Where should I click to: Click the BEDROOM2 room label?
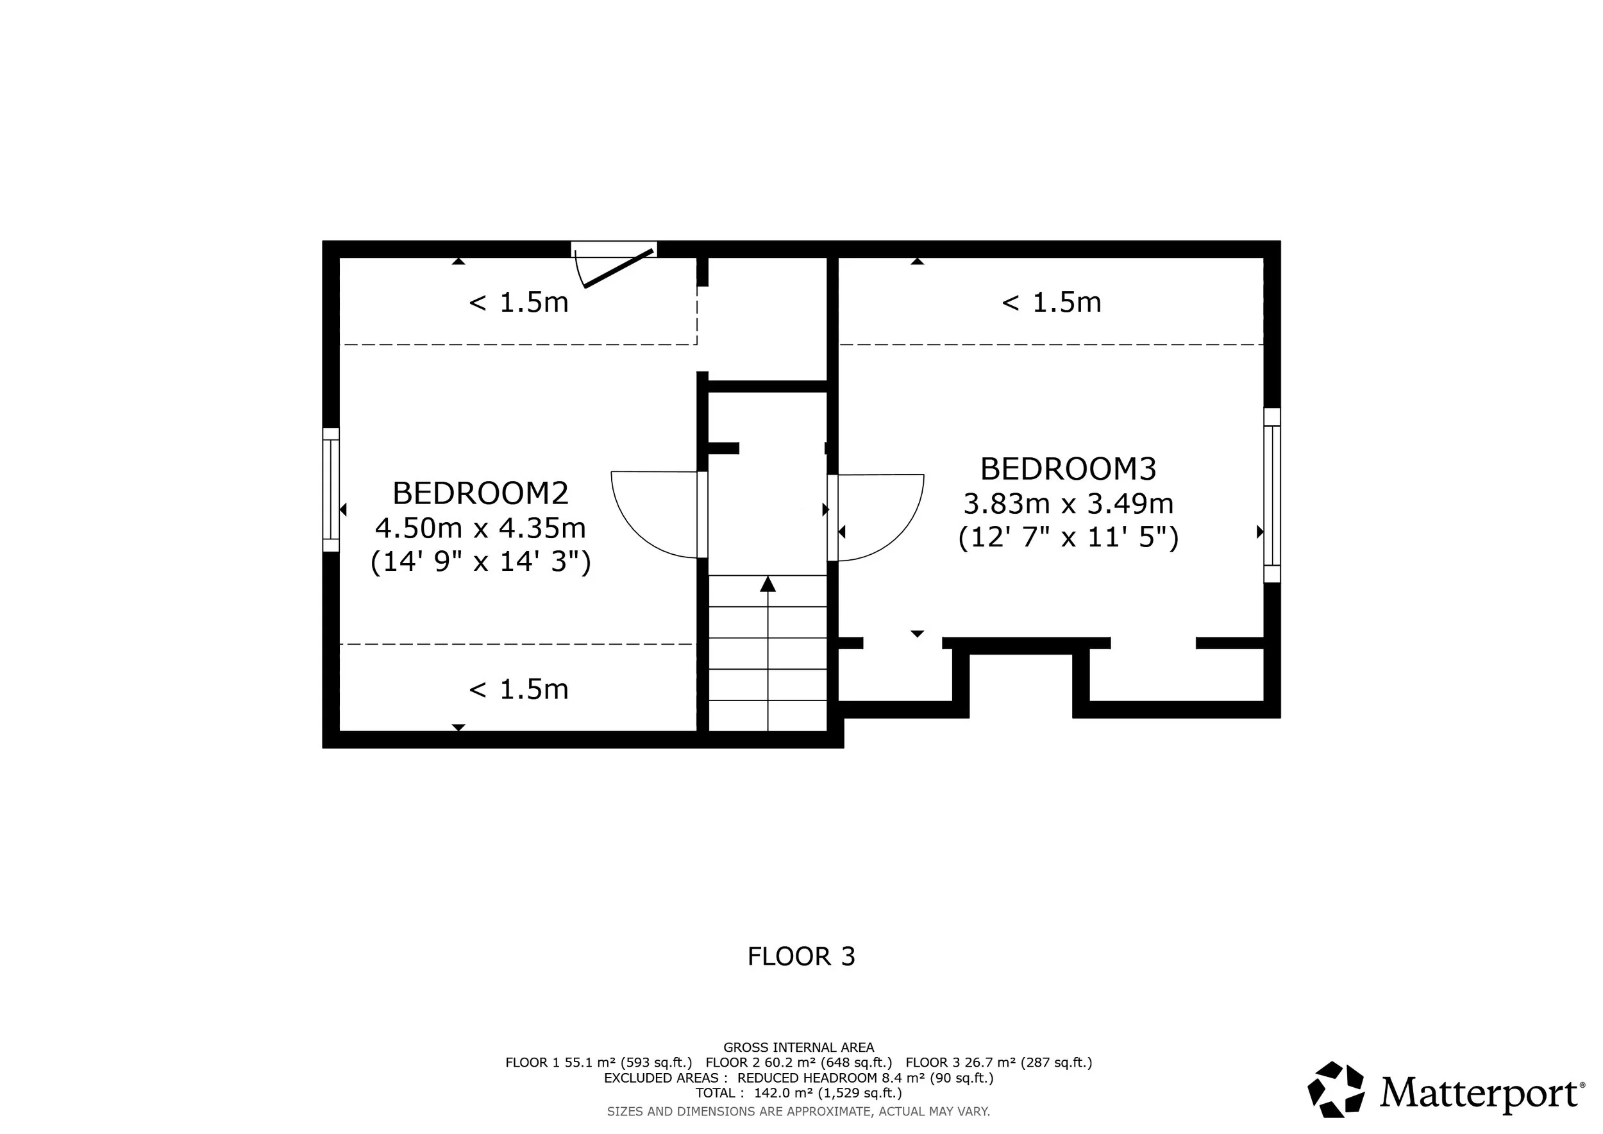(x=480, y=493)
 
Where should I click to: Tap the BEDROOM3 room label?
(x=1068, y=468)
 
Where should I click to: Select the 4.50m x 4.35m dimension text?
(x=480, y=528)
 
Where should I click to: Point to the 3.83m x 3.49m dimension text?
(x=1068, y=504)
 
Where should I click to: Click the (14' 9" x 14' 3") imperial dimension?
(x=480, y=561)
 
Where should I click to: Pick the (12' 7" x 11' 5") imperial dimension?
(x=1068, y=537)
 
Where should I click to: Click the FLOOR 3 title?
(x=801, y=956)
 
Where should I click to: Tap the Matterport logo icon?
(x=1336, y=1089)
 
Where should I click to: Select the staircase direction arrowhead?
(x=768, y=584)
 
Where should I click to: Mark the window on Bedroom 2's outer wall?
(x=331, y=489)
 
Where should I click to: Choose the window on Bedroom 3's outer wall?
(x=1272, y=495)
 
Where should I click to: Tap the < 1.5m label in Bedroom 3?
(x=1052, y=302)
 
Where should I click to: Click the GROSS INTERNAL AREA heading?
(x=799, y=1047)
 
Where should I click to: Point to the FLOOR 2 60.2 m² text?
(x=761, y=1063)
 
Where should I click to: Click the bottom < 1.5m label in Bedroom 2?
(x=519, y=690)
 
